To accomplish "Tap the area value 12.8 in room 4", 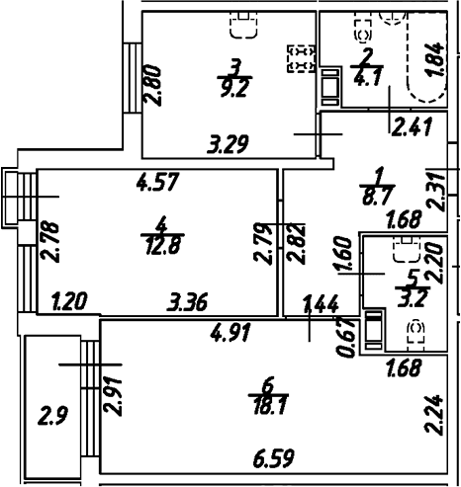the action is coord(163,246).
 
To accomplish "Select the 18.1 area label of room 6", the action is coord(269,405).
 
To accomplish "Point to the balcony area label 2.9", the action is coord(53,416).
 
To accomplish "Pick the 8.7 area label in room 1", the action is coord(378,197).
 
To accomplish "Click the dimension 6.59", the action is coord(273,458).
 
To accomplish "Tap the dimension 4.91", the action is coord(231,332).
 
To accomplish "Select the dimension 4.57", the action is coord(158,181).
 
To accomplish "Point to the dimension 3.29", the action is coord(228,144).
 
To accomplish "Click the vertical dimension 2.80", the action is coord(152,86).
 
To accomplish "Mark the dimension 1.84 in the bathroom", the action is coord(436,59).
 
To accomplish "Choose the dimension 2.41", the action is coord(412,126).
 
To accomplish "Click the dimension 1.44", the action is coord(321,303).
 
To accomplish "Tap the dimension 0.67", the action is coord(347,339).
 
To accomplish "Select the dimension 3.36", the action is coord(188,301).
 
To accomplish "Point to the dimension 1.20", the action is coord(70,301).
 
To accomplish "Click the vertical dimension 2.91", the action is coord(113,396).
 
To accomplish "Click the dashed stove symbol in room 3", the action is coord(302,58).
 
